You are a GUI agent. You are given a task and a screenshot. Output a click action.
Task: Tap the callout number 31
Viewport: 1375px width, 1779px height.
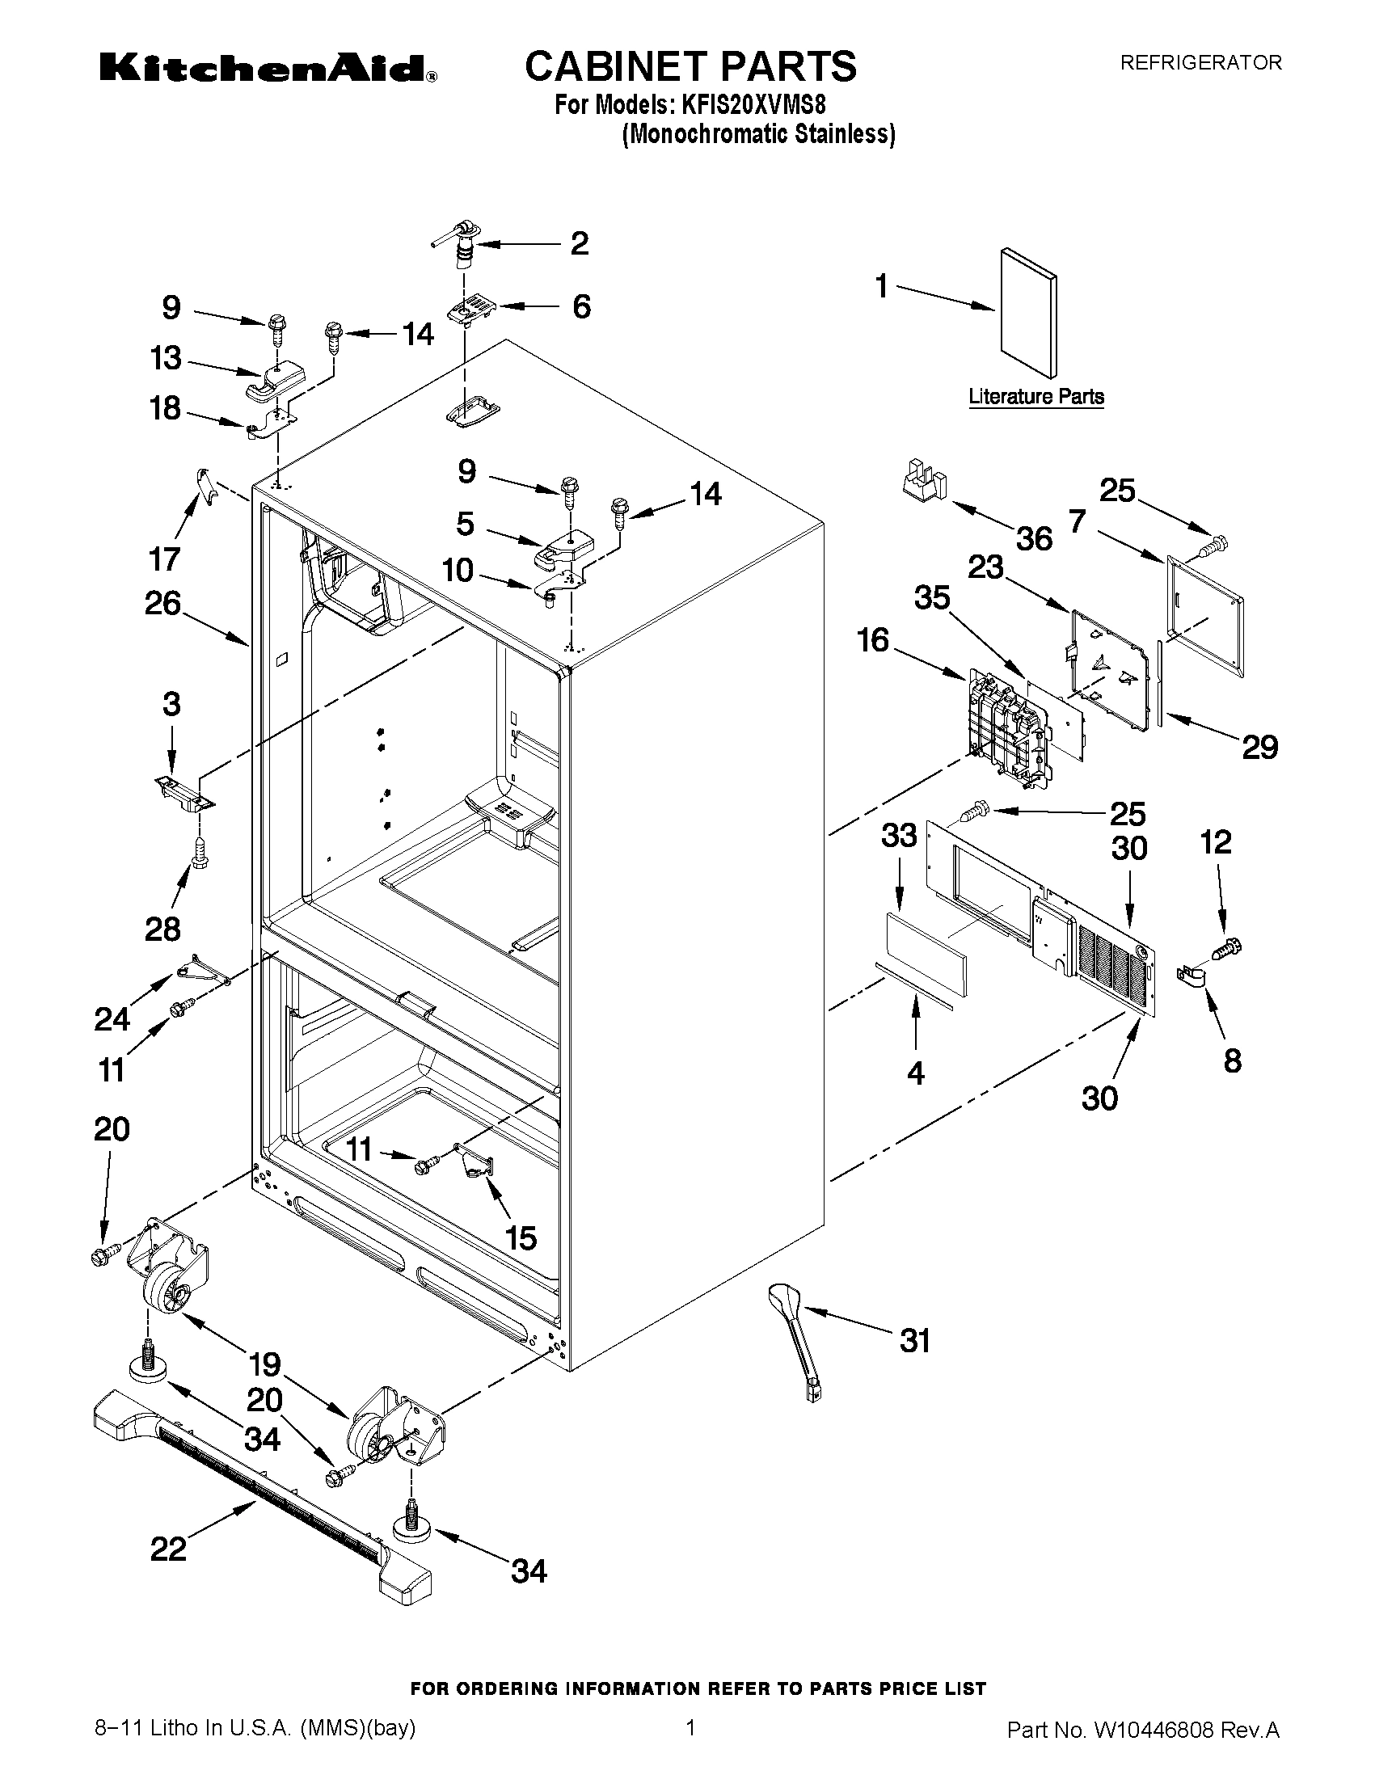[915, 1340]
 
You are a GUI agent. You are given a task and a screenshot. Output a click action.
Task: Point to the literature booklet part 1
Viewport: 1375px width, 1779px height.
[1028, 313]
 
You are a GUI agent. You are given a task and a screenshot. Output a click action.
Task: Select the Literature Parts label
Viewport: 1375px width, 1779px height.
[1036, 397]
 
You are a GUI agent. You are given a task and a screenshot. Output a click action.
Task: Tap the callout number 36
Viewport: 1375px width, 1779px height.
[1034, 538]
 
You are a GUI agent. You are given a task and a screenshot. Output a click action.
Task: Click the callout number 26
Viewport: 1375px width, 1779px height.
[162, 604]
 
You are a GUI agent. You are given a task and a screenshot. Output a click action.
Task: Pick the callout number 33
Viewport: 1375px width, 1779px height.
[898, 835]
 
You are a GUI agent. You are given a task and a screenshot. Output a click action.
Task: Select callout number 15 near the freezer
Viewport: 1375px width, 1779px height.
[521, 1238]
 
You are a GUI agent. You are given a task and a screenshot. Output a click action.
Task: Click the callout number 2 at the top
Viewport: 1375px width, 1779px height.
[579, 243]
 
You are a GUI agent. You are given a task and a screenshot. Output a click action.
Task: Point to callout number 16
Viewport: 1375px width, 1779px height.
[872, 640]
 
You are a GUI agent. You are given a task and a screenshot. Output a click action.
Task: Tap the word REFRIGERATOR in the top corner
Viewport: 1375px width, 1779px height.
[1200, 63]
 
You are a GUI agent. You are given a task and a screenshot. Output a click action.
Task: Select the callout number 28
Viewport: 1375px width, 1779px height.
[162, 929]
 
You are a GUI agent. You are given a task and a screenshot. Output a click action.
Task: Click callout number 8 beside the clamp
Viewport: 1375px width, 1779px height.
[1233, 1060]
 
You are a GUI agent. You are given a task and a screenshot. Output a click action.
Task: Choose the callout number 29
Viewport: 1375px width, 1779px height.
[1259, 747]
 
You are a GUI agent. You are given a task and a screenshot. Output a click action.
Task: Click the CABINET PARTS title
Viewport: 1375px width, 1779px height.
[690, 66]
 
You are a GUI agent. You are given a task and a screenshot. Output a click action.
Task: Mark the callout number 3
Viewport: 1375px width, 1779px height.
[171, 704]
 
